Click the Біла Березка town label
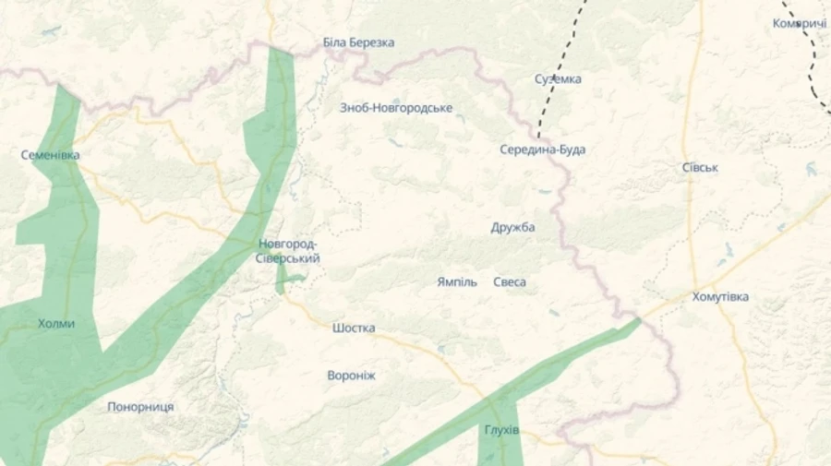358,42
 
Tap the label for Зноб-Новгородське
396,108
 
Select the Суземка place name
558,78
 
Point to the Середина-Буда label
542,149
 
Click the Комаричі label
800,23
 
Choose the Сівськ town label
700,168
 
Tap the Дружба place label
512,227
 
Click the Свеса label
510,281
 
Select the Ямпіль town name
457,281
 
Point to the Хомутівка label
720,297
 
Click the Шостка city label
354,328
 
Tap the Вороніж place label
351,376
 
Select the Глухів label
501,431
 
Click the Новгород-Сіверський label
288,251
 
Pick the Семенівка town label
50,155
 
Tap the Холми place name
56,324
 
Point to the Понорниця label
140,407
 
